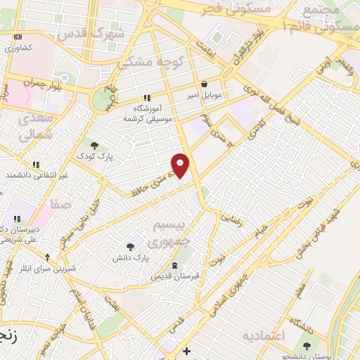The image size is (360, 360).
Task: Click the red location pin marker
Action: [181, 165]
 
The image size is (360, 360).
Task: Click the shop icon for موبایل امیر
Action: [204, 83]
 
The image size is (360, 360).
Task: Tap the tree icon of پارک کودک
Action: [94, 145]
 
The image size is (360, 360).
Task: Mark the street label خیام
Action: [261, 229]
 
